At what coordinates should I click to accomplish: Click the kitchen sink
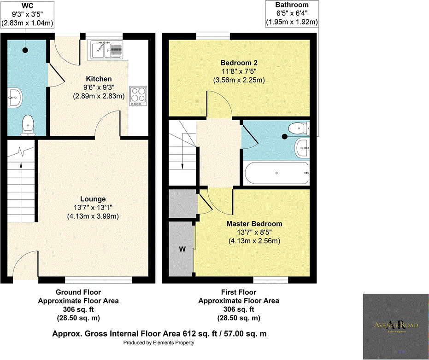pyautogui.click(x=106, y=50)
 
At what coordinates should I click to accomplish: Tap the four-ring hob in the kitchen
pyautogui.click(x=137, y=96)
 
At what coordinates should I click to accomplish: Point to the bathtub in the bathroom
pyautogui.click(x=276, y=173)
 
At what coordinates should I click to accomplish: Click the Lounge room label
pyautogui.click(x=94, y=199)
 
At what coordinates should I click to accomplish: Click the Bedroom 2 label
pyautogui.click(x=238, y=63)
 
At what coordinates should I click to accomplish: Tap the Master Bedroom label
pyautogui.click(x=254, y=224)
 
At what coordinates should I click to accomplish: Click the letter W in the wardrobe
pyautogui.click(x=182, y=250)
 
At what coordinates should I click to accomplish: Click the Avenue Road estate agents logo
pyautogui.click(x=395, y=326)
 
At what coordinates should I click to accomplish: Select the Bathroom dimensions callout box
pyautogui.click(x=292, y=13)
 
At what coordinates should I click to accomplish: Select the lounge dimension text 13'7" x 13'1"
pyautogui.click(x=94, y=208)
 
